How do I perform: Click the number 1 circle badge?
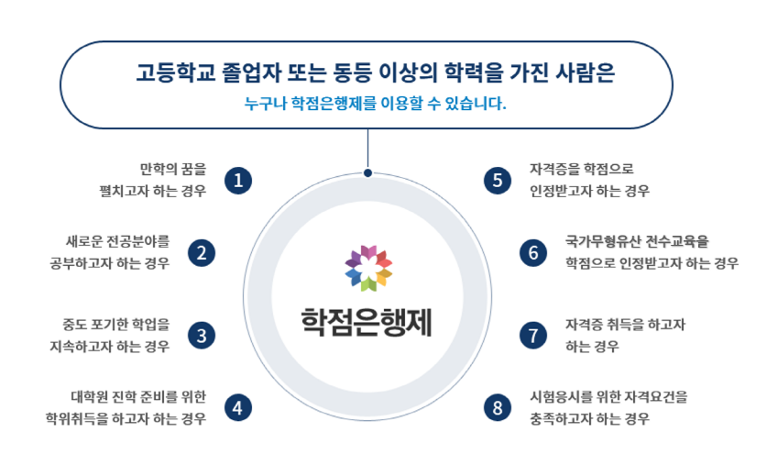[x=238, y=181]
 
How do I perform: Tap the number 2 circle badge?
[x=202, y=253]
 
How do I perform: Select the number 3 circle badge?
[x=202, y=336]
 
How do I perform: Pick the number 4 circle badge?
[x=238, y=408]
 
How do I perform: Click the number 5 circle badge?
[x=498, y=181]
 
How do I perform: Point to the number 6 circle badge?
[x=533, y=253]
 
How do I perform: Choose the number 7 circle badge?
[x=533, y=336]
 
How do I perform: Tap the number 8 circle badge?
[x=498, y=408]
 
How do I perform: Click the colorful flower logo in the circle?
[x=368, y=268]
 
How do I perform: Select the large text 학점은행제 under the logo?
[x=367, y=323]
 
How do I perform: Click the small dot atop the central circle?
[x=367, y=172]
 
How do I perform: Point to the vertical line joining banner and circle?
[x=367, y=149]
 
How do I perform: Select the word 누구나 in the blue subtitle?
[x=265, y=104]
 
